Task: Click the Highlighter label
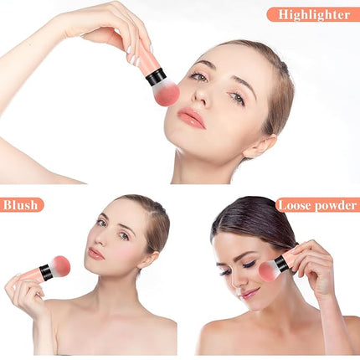click(x=314, y=14)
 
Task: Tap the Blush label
click(x=21, y=205)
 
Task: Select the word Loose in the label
click(x=294, y=205)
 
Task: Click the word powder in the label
click(x=335, y=206)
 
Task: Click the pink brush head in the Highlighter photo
click(x=166, y=91)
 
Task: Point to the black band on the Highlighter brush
click(x=157, y=76)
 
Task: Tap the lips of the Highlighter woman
click(x=192, y=118)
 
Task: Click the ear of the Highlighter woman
click(x=260, y=146)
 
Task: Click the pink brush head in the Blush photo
click(x=59, y=266)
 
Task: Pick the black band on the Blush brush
click(x=46, y=273)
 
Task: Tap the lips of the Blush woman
click(x=96, y=254)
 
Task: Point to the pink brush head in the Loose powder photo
click(x=268, y=271)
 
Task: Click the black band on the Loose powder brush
click(x=280, y=264)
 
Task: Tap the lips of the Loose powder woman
click(x=249, y=294)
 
